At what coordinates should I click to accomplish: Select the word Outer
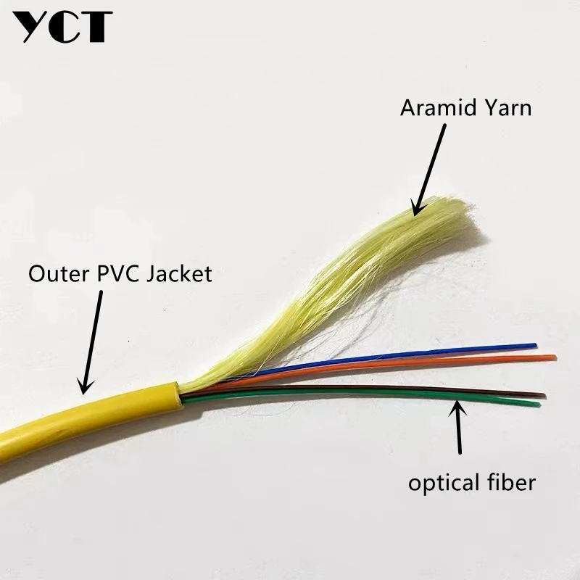tap(53, 273)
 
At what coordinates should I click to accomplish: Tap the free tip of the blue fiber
tap(534, 346)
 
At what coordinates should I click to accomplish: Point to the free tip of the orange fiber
tap(554, 357)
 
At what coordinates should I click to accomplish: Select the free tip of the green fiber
tap(538, 405)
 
